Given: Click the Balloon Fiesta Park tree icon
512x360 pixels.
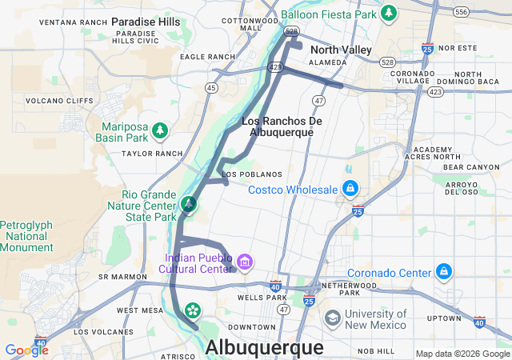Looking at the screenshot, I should [389, 13].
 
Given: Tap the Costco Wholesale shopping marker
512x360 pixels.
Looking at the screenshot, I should [350, 189].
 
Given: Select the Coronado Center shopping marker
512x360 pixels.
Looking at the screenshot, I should [443, 273].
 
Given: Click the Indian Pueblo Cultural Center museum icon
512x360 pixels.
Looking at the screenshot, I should [245, 262].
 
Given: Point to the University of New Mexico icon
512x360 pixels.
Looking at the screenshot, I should [331, 318].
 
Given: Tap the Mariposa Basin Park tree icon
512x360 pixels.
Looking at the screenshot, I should [160, 130].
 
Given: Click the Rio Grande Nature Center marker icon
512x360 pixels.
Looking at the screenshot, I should [188, 205].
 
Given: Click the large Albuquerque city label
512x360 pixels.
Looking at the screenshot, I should [265, 347].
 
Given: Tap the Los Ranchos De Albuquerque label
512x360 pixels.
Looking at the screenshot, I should [281, 126].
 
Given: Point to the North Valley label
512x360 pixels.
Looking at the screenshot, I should [341, 50].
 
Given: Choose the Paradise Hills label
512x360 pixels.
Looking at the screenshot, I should [146, 22].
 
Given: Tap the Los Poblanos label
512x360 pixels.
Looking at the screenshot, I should [252, 174].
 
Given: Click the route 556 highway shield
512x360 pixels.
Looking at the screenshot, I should [460, 12].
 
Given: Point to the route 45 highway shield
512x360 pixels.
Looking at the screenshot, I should [211, 87].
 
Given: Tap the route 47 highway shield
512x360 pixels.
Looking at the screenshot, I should [319, 101].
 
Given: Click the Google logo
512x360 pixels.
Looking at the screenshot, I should [26, 350].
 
